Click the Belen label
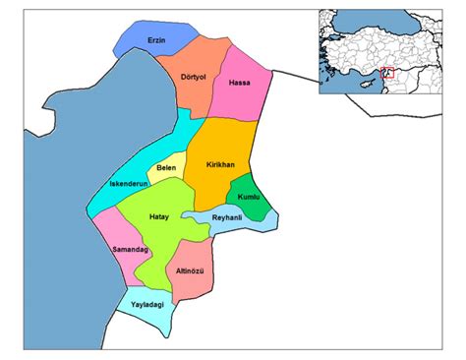[x=166, y=168]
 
